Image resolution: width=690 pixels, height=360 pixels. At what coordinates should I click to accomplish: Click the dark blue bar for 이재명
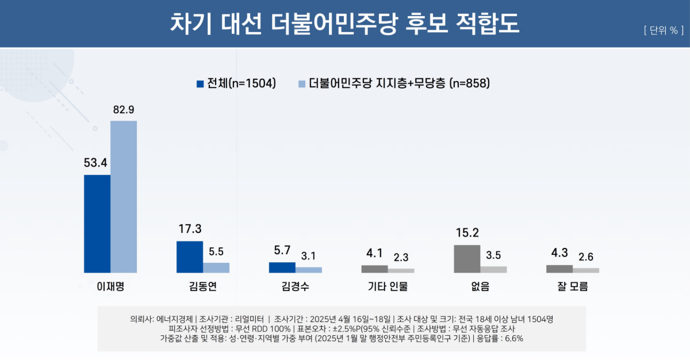coord(97,224)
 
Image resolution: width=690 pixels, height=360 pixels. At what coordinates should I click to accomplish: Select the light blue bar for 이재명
coord(124,197)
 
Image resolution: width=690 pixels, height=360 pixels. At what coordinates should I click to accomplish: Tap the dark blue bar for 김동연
coord(189,256)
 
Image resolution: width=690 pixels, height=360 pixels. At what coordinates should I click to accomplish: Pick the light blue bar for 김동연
coord(216,267)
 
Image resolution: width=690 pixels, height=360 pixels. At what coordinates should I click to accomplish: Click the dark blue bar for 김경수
coord(282,267)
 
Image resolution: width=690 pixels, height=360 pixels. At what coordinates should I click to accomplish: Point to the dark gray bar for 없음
coord(467,259)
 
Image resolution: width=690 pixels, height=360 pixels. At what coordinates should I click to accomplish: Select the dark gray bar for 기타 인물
coord(374,269)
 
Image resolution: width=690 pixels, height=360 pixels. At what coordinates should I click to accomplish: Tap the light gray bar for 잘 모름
coord(586,270)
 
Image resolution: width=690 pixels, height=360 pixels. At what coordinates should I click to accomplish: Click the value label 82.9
coord(123,110)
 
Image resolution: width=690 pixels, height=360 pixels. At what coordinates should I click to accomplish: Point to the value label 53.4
coord(96,163)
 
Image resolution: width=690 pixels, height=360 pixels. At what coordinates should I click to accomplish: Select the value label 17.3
coord(189,229)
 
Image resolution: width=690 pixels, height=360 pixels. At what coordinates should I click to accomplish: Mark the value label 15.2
coord(466,233)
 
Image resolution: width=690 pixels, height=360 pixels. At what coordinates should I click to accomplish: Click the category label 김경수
coord(295,286)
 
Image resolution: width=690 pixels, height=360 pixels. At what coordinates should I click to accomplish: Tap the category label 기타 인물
coord(388,286)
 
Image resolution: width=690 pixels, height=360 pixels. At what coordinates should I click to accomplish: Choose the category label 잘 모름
coord(573,286)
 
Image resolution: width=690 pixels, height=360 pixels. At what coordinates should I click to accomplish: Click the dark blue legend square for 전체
coord(200,84)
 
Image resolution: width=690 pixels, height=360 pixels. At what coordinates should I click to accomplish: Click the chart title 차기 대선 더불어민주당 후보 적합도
coord(344,24)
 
